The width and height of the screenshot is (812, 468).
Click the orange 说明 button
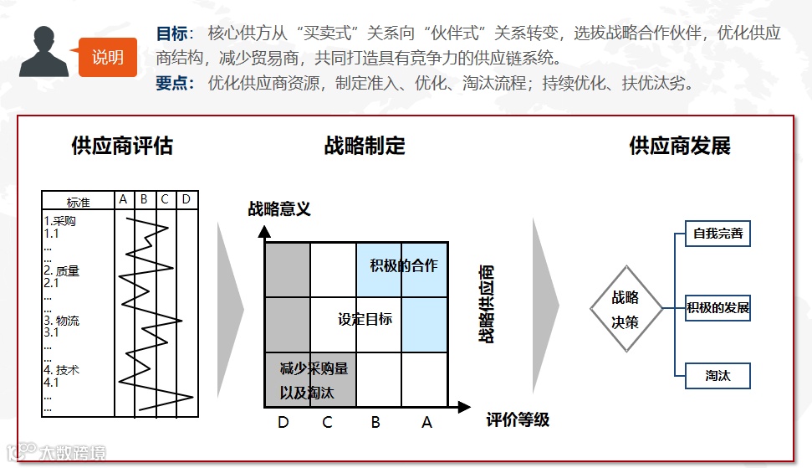[108, 57]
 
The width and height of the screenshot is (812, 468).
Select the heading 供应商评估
[122, 146]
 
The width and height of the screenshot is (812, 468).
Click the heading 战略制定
[365, 146]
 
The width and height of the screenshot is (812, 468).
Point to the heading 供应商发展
[680, 146]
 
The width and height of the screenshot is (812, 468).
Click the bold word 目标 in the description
[172, 33]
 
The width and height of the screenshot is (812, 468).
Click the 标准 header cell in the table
[79, 202]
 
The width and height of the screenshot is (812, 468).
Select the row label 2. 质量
[62, 271]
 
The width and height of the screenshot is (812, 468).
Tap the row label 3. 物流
[62, 321]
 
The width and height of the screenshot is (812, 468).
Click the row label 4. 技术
[62, 369]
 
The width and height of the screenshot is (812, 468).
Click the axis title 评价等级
[518, 419]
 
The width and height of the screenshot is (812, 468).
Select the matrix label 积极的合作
[404, 266]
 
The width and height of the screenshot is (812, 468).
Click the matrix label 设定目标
[365, 319]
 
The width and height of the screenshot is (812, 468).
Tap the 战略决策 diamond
[626, 309]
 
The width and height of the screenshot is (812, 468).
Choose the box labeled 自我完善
[718, 234]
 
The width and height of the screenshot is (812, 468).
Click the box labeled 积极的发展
[718, 308]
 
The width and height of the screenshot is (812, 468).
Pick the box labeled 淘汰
[718, 376]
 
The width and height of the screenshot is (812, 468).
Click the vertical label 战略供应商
[486, 304]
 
